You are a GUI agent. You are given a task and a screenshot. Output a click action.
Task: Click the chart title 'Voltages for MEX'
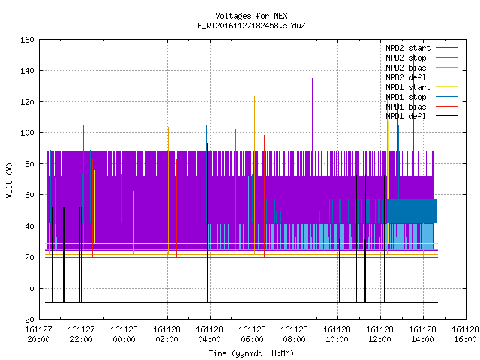pos(251,16)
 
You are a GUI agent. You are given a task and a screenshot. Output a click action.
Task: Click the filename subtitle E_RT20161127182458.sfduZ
pos(251,25)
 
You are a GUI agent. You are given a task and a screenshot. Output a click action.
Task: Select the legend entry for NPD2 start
pos(421,48)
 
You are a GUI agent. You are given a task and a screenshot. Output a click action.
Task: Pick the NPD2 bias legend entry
pos(421,67)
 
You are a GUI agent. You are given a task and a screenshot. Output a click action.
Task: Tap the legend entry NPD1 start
pos(421,87)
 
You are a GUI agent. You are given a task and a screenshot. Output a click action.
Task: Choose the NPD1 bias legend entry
pos(421,106)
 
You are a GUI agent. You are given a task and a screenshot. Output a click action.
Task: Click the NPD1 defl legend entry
pos(421,117)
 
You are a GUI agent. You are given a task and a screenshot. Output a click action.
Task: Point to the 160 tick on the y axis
pos(27,40)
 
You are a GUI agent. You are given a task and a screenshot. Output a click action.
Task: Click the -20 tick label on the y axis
pos(27,319)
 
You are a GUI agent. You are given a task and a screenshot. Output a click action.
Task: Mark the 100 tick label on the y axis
pos(27,133)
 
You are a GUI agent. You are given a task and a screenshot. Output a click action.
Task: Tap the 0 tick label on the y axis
pos(31,288)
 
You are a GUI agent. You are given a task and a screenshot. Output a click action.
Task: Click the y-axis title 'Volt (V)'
pos(10,180)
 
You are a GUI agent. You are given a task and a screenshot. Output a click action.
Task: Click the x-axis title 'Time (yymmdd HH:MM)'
pos(251,353)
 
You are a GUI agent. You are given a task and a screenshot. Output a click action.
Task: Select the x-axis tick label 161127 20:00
pos(38,334)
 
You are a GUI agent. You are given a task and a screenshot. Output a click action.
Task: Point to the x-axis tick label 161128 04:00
pos(210,334)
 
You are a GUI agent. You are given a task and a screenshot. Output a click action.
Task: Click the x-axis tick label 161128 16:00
pos(465,334)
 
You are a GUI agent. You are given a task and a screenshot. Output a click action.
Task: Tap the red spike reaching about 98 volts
pos(265,196)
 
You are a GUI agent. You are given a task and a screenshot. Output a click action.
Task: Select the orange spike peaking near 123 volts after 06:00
pos(254,175)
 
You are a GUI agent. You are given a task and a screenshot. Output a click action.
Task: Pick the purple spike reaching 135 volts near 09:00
pos(312,115)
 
